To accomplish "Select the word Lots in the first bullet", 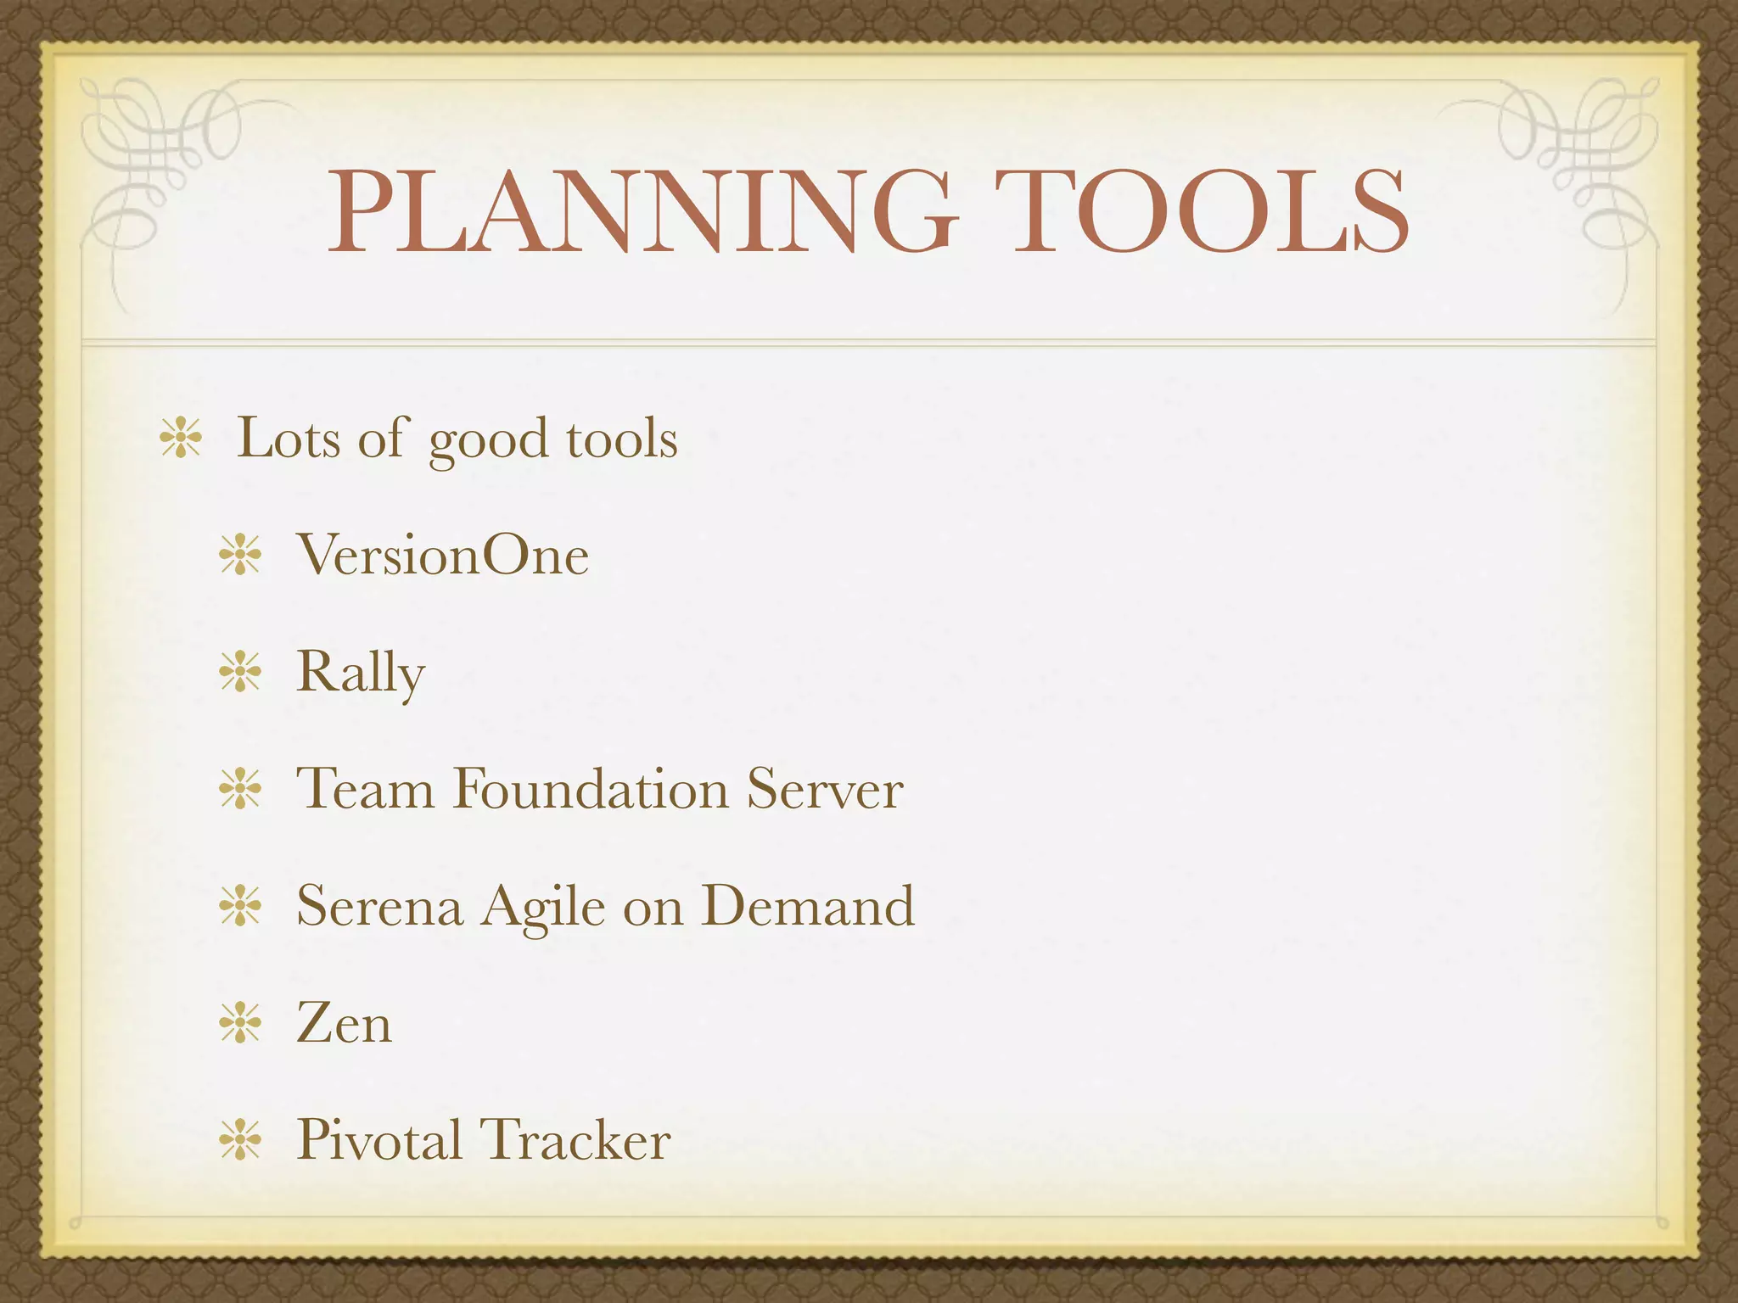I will (289, 439).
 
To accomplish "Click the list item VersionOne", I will (442, 556).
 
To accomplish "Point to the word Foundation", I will (590, 789).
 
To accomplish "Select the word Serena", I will (379, 906).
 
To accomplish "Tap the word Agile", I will (543, 908).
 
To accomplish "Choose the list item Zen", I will (344, 1023).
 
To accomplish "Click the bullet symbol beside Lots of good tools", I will (181, 439).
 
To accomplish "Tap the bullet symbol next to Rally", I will (240, 674).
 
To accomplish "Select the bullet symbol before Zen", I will (240, 1023).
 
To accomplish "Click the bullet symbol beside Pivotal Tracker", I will (240, 1139).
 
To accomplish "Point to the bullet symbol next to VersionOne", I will (240, 556).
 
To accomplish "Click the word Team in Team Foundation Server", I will (365, 789).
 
